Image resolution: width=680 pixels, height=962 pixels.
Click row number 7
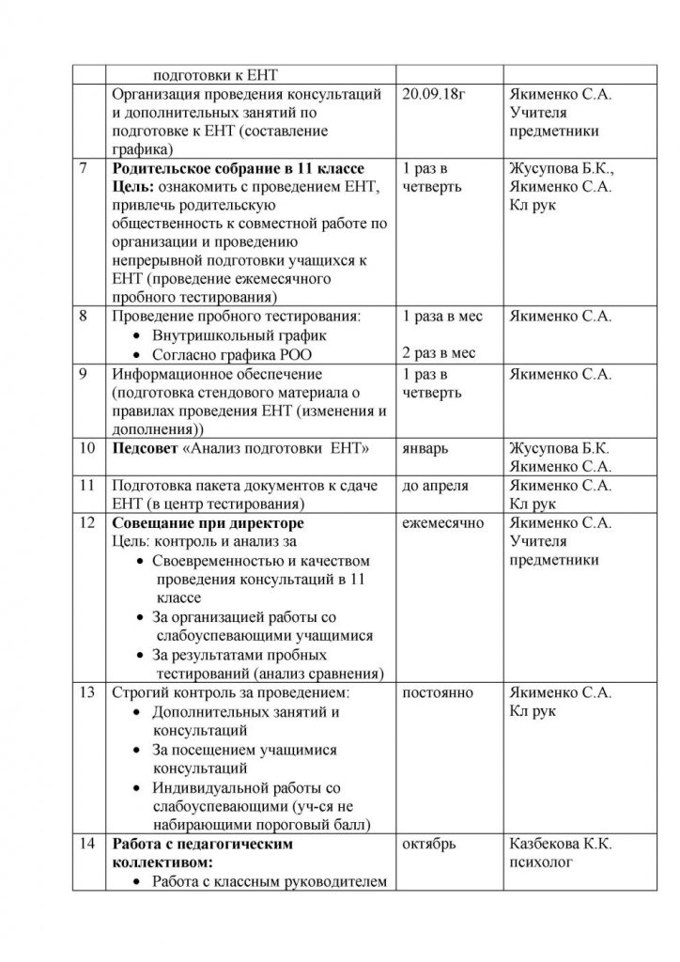[85, 169]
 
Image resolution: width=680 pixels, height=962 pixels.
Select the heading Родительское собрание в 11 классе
[238, 169]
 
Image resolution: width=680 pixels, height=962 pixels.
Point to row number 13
[87, 693]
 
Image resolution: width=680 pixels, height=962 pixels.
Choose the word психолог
[540, 861]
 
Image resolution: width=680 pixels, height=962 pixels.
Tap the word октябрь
[429, 844]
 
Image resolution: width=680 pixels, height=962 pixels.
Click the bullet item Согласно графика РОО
[231, 353]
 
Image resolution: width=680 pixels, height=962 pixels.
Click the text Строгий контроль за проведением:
[230, 693]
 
